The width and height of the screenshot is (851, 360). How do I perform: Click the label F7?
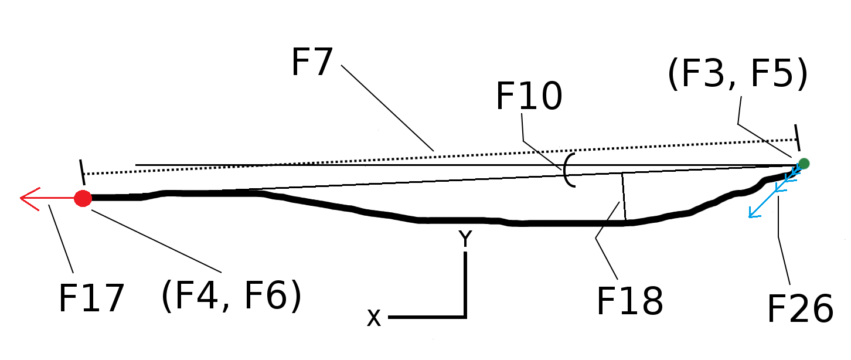tap(312, 62)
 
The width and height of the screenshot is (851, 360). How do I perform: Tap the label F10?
tap(529, 97)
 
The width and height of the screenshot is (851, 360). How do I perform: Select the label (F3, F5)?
tap(737, 76)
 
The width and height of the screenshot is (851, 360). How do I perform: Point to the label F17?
tap(91, 298)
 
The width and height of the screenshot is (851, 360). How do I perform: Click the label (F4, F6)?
tap(231, 296)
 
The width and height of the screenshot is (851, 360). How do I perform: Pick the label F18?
tap(629, 301)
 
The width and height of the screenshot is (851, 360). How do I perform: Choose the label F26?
tap(800, 308)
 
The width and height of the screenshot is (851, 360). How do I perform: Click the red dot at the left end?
tap(83, 198)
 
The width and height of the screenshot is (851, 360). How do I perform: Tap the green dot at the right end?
tap(804, 164)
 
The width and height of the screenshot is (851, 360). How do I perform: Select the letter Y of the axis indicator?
tap(465, 239)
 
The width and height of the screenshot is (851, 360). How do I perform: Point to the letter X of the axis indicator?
tap(374, 318)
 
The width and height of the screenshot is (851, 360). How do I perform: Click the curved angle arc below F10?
tap(567, 171)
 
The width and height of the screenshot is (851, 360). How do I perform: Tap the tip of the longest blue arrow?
tap(751, 216)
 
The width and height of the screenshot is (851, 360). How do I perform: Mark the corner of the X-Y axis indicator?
tap(465, 317)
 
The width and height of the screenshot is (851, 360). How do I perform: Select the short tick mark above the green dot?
tap(796, 133)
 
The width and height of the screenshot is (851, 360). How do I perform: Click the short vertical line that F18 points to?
tap(624, 197)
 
